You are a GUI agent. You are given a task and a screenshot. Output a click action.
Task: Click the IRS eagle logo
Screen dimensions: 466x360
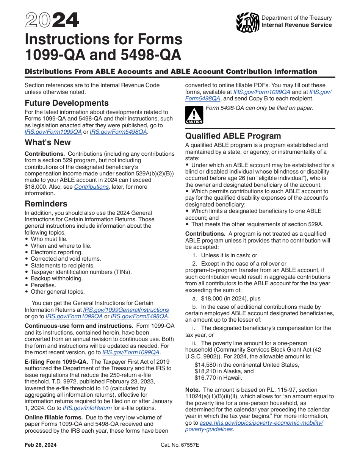[247, 23]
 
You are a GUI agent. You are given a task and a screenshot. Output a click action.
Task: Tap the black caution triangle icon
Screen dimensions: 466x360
[194, 115]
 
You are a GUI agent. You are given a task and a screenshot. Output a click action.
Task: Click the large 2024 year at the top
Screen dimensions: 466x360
[52, 20]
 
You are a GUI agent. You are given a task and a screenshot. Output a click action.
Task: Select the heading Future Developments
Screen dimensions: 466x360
[66, 103]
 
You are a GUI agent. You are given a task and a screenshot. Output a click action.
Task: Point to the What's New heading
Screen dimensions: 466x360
[47, 142]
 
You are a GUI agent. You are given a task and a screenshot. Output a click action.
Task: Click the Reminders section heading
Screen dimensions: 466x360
[46, 203]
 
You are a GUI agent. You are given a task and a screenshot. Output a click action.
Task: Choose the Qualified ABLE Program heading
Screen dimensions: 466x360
[233, 136]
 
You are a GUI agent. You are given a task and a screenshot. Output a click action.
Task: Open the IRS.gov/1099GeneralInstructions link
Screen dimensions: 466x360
[126, 310]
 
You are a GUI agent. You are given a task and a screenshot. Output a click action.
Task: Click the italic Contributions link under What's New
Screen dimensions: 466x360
[91, 187]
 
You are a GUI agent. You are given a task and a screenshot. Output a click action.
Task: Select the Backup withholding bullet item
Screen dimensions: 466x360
[56, 278]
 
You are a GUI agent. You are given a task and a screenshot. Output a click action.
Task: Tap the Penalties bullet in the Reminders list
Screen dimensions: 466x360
[43, 285]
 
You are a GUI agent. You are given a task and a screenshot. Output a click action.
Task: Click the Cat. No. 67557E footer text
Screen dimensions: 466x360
[180, 445]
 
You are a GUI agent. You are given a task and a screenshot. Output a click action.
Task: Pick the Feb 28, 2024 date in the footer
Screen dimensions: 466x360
[41, 445]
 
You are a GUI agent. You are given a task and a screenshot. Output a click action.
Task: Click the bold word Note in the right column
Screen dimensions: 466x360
[193, 390]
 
